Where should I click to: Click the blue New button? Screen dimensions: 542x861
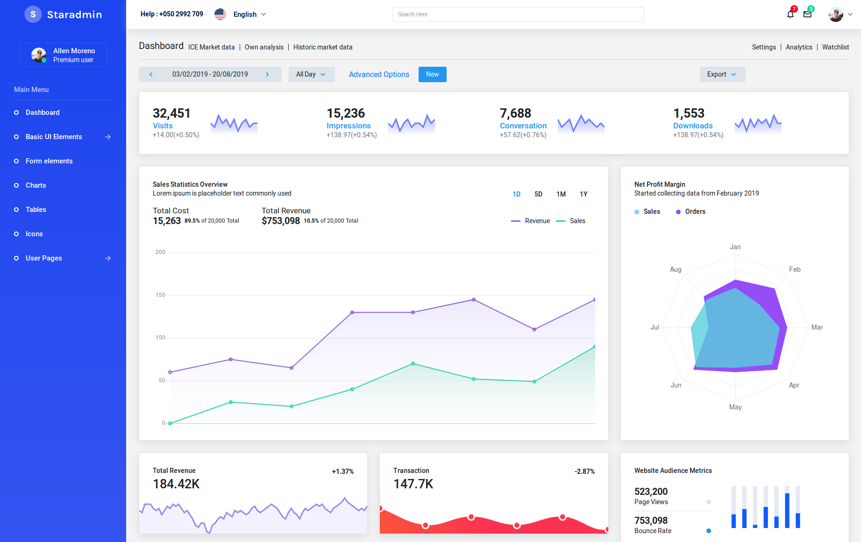tap(432, 74)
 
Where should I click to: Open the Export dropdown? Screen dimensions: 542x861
tap(722, 74)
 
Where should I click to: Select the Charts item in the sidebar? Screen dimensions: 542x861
tap(36, 185)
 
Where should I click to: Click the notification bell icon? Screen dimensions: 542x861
tap(790, 14)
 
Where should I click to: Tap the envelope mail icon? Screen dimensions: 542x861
tap(807, 14)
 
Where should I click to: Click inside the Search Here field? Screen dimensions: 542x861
tap(518, 14)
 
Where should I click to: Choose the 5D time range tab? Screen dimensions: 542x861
tap(538, 194)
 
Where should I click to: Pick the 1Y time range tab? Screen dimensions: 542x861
tap(583, 194)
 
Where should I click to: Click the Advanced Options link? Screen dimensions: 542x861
tap(379, 74)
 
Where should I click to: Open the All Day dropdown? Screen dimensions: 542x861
tap(311, 74)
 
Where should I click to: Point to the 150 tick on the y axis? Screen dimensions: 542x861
tap(160, 295)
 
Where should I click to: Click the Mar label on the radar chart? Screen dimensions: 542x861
tap(817, 327)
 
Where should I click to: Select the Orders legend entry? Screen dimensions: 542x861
tap(695, 211)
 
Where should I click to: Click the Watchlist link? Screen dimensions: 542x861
tap(835, 47)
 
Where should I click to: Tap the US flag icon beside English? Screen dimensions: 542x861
tap(220, 14)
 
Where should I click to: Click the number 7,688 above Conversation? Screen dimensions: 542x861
tap(515, 113)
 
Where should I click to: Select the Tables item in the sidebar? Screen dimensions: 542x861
tap(36, 210)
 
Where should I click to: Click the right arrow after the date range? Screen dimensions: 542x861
tap(267, 74)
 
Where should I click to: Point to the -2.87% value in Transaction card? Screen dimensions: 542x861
tap(584, 472)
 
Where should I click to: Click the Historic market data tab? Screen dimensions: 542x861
tap(323, 47)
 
